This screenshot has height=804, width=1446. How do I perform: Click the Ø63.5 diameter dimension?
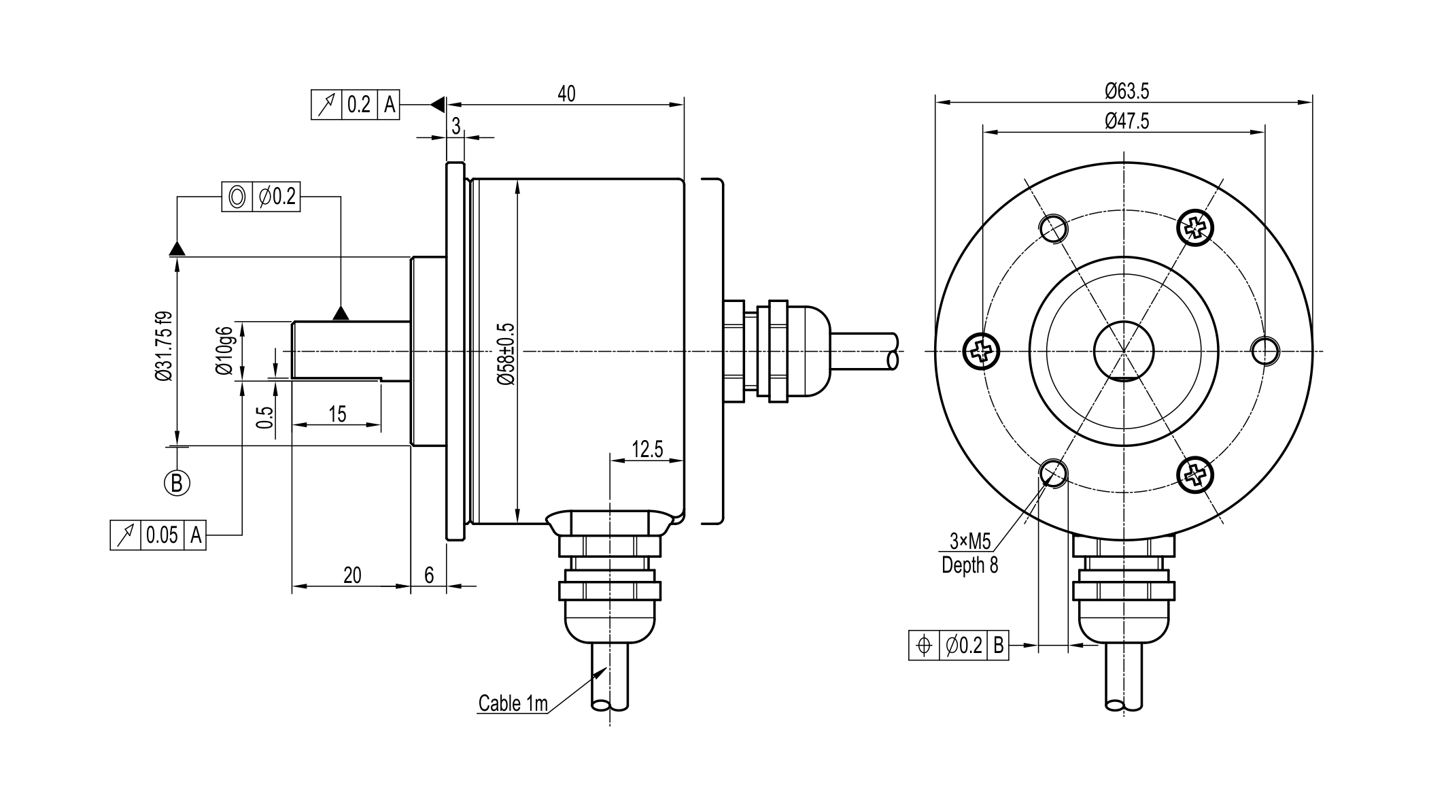coord(1126,90)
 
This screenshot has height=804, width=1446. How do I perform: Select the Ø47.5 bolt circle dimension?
coord(1126,121)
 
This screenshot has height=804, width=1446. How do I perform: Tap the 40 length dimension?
coord(566,94)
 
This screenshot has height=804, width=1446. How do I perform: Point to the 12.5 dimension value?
coord(647,450)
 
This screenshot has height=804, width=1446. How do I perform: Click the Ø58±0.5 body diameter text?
coord(506,354)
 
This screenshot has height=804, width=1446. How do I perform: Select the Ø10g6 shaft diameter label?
coord(224,350)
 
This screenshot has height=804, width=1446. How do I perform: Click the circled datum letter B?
coord(177,483)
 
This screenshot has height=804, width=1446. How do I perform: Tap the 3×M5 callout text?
coord(970,541)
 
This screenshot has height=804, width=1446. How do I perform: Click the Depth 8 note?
coord(969,565)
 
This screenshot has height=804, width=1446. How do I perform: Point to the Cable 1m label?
coord(513,703)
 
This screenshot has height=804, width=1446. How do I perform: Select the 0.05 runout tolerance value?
coord(162,535)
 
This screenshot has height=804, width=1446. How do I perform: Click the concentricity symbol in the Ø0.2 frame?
coord(237,197)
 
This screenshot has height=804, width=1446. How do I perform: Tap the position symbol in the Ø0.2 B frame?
coord(923,645)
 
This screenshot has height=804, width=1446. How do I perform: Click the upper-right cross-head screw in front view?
coord(1194,226)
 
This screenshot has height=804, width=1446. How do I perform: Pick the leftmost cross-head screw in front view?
coord(982,352)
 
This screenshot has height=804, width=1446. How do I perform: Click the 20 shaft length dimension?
coord(352,575)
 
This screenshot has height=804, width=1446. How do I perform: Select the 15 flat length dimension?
coord(337,414)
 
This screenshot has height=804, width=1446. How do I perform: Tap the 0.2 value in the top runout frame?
coord(359,105)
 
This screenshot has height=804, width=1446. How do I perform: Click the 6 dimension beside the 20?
coord(429,575)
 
